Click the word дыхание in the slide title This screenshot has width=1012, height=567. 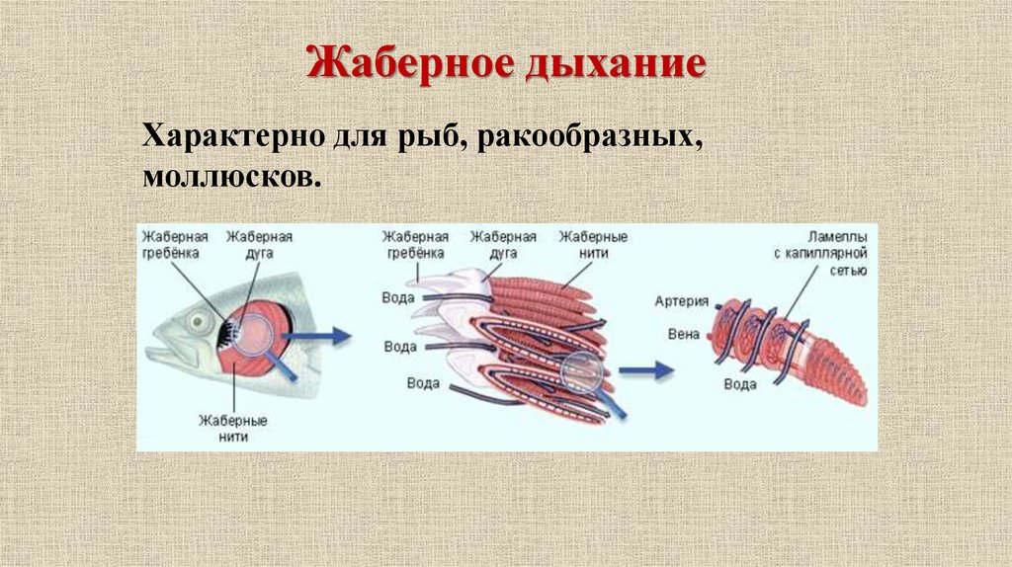coord(616,65)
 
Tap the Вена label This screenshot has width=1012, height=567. coord(684,334)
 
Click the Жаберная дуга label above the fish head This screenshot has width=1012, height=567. coord(259,244)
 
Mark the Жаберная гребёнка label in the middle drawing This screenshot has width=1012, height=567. coord(415,244)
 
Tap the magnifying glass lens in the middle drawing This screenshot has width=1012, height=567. coord(582,371)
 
